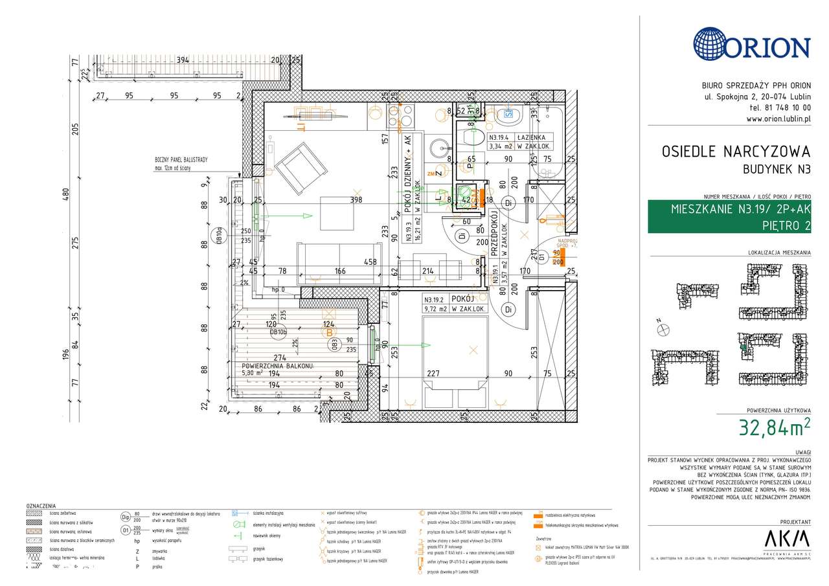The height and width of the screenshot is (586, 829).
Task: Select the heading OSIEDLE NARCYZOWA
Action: click(736, 152)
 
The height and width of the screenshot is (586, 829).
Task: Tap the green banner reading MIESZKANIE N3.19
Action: click(729, 217)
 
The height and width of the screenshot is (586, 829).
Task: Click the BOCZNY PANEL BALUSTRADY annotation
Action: click(181, 163)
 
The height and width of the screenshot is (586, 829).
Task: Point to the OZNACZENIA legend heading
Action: click(41, 506)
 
